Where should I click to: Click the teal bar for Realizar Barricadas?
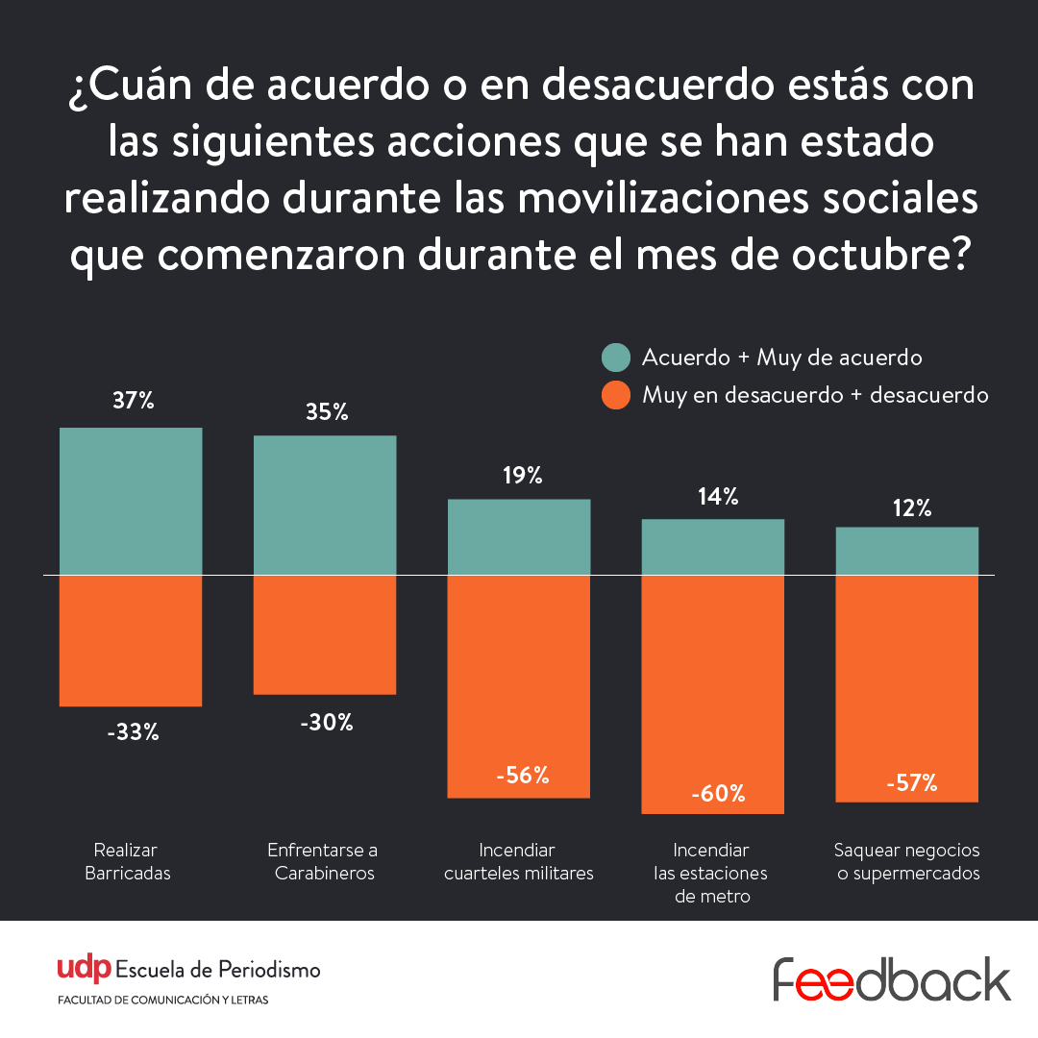tap(131, 501)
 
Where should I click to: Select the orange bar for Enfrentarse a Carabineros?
tap(325, 634)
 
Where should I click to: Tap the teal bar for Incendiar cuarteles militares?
tap(519, 536)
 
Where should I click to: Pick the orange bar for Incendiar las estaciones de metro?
tap(713, 694)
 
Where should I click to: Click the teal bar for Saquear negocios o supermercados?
tap(907, 551)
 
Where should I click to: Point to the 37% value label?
tap(133, 401)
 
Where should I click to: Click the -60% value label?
tap(717, 794)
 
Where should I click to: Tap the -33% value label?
tap(133, 732)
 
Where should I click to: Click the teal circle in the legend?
tap(615, 358)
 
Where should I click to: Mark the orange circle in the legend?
tap(615, 394)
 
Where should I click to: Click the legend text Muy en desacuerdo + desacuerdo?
tap(815, 394)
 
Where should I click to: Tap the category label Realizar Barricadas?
tap(127, 862)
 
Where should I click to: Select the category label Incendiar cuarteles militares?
tap(519, 862)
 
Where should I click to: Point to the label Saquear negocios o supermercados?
tap(907, 862)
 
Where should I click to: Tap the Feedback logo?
tap(892, 978)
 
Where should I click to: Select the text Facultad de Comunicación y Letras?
tap(163, 1001)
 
